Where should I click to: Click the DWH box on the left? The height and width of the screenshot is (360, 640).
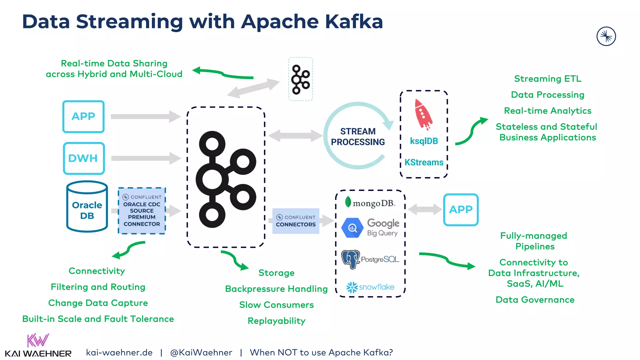pos(84,158)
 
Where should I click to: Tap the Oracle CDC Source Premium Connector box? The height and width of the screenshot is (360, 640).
pos(142,211)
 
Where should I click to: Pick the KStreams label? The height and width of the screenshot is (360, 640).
pos(424,162)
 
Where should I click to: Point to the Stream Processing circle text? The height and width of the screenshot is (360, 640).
pos(358,137)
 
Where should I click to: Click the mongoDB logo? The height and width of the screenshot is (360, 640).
pos(370,203)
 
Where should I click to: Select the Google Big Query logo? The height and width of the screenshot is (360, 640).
pos(371,228)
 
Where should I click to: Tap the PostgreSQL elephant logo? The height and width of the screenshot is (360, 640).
pos(351,259)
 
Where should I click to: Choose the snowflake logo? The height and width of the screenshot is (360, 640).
pos(370,287)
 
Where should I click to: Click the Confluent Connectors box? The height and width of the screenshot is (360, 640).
pos(296,221)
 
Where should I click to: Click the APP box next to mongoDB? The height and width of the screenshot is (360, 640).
pos(461,209)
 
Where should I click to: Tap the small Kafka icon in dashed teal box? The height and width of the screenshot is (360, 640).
pos(300,79)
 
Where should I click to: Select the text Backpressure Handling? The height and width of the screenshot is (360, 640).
pos(276,289)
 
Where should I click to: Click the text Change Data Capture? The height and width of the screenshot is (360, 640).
pos(98,303)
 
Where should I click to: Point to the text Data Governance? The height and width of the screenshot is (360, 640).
pos(535,300)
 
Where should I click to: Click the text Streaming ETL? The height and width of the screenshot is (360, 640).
pos(547,79)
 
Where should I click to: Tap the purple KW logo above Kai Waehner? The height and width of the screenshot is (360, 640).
pos(38,340)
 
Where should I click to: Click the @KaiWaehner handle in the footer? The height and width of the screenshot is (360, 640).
pos(201,352)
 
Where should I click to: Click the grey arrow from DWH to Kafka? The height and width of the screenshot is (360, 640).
pos(146,158)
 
